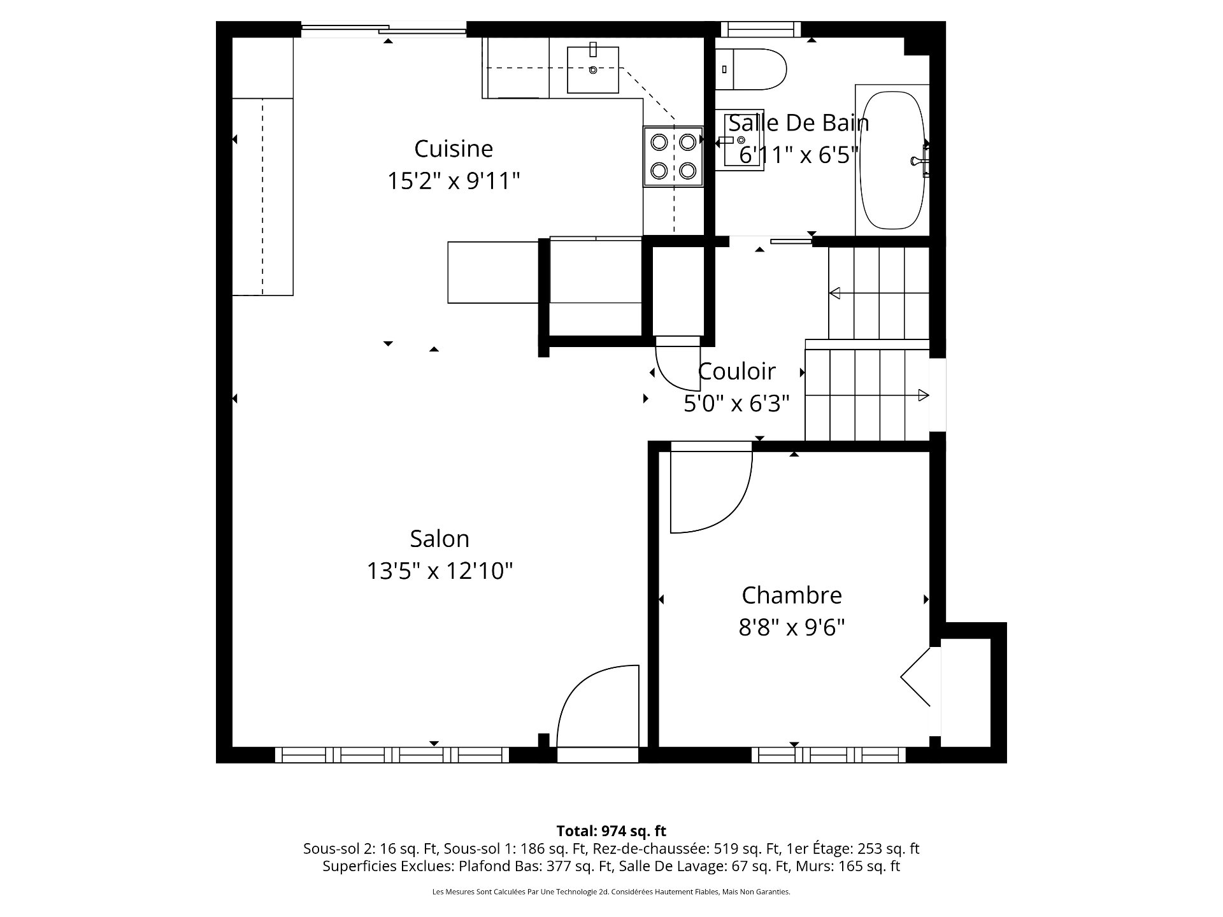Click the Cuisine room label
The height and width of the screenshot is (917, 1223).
(454, 149)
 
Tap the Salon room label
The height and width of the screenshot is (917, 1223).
(440, 539)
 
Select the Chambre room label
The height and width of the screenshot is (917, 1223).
(792, 595)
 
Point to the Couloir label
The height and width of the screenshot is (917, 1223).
(737, 371)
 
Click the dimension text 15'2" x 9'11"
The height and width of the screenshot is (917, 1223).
(454, 181)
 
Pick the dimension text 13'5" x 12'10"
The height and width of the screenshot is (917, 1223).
(440, 571)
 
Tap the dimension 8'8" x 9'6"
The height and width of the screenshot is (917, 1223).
(792, 628)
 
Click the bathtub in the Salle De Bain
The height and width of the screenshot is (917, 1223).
(892, 160)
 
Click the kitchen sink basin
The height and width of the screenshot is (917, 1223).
(593, 69)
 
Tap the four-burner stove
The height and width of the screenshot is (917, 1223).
(673, 156)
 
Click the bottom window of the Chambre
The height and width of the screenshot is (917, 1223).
(829, 755)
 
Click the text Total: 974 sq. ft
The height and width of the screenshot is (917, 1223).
(611, 831)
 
